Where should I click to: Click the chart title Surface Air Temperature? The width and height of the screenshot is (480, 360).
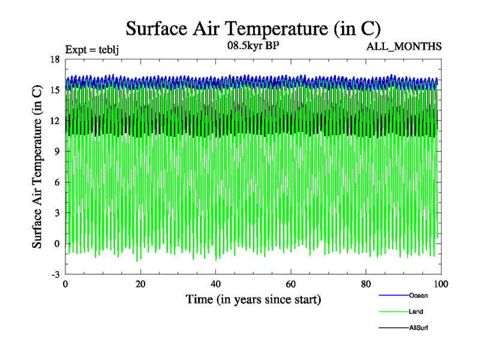253,28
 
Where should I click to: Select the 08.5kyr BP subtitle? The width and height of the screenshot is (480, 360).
252,45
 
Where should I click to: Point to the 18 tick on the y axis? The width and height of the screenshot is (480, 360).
55,59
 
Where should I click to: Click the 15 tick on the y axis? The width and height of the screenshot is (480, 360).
55,89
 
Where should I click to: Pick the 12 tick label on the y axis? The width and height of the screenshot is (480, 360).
55,120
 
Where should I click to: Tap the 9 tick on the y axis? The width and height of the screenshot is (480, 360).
56,151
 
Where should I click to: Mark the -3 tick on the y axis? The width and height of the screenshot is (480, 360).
55,274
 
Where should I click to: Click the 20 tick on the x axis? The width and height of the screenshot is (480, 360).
140,284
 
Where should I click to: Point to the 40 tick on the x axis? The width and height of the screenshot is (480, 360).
215,284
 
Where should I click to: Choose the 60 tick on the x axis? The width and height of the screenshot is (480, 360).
290,284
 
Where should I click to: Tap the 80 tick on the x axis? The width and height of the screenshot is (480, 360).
365,284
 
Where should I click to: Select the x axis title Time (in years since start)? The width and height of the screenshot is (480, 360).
253,298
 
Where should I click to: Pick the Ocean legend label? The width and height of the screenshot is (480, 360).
418,295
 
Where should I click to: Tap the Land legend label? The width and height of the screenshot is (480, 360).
416,311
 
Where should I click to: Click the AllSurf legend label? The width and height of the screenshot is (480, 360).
418,328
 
